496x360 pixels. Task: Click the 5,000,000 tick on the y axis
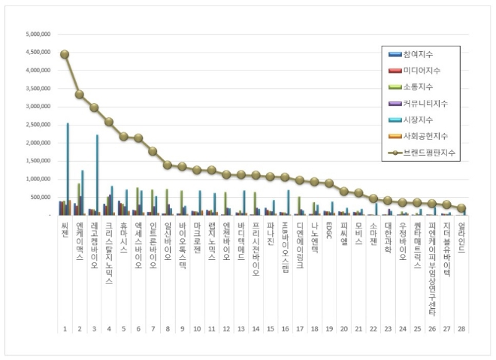[38, 35]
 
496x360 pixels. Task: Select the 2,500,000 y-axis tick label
[38, 125]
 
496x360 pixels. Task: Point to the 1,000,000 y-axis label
[38, 179]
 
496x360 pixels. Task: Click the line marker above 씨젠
[65, 54]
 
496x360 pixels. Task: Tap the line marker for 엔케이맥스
[80, 95]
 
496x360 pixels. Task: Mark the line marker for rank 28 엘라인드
[461, 208]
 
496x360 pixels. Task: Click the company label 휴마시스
[123, 237]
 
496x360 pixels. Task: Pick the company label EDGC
[329, 228]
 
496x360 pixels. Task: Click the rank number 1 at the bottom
[65, 328]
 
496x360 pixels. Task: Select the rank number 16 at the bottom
[285, 328]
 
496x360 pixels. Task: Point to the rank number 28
[461, 328]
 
